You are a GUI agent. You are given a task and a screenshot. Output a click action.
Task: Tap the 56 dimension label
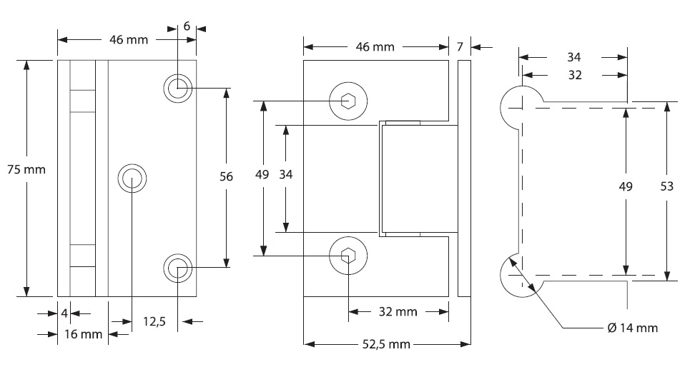point(226,177)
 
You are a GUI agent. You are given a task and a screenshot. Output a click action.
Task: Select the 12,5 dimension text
point(154,321)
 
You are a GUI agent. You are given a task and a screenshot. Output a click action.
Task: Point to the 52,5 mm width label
point(385,344)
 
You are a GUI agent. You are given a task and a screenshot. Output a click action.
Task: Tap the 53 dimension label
point(666,186)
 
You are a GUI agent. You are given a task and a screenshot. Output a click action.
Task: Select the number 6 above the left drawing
point(187,26)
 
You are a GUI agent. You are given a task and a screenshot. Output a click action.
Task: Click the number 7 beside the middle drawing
point(460,47)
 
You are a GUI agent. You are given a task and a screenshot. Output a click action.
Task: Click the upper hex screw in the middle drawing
point(348,101)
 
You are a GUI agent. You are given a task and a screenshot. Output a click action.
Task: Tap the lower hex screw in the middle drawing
point(348,256)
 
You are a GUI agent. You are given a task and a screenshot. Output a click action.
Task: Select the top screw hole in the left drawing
point(177,89)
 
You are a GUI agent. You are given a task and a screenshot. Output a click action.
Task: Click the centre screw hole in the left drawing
point(133,179)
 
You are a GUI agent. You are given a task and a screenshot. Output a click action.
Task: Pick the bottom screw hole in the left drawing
point(177,268)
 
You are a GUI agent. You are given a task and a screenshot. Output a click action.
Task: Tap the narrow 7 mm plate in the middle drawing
point(464,178)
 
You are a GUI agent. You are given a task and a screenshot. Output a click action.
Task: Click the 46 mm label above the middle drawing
point(375,47)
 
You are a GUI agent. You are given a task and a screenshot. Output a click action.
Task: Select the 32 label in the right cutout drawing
point(574,74)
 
